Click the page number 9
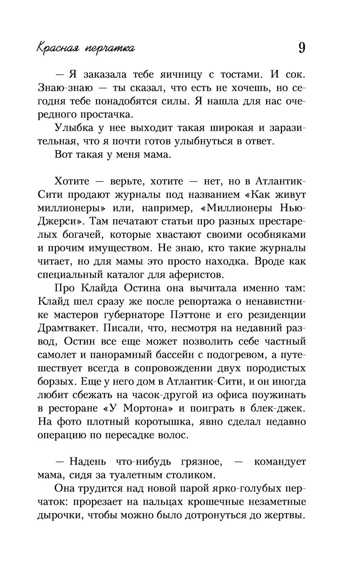coord(302,48)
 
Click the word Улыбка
coord(74,128)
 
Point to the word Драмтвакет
coord(68,328)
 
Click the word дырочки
coord(58,515)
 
